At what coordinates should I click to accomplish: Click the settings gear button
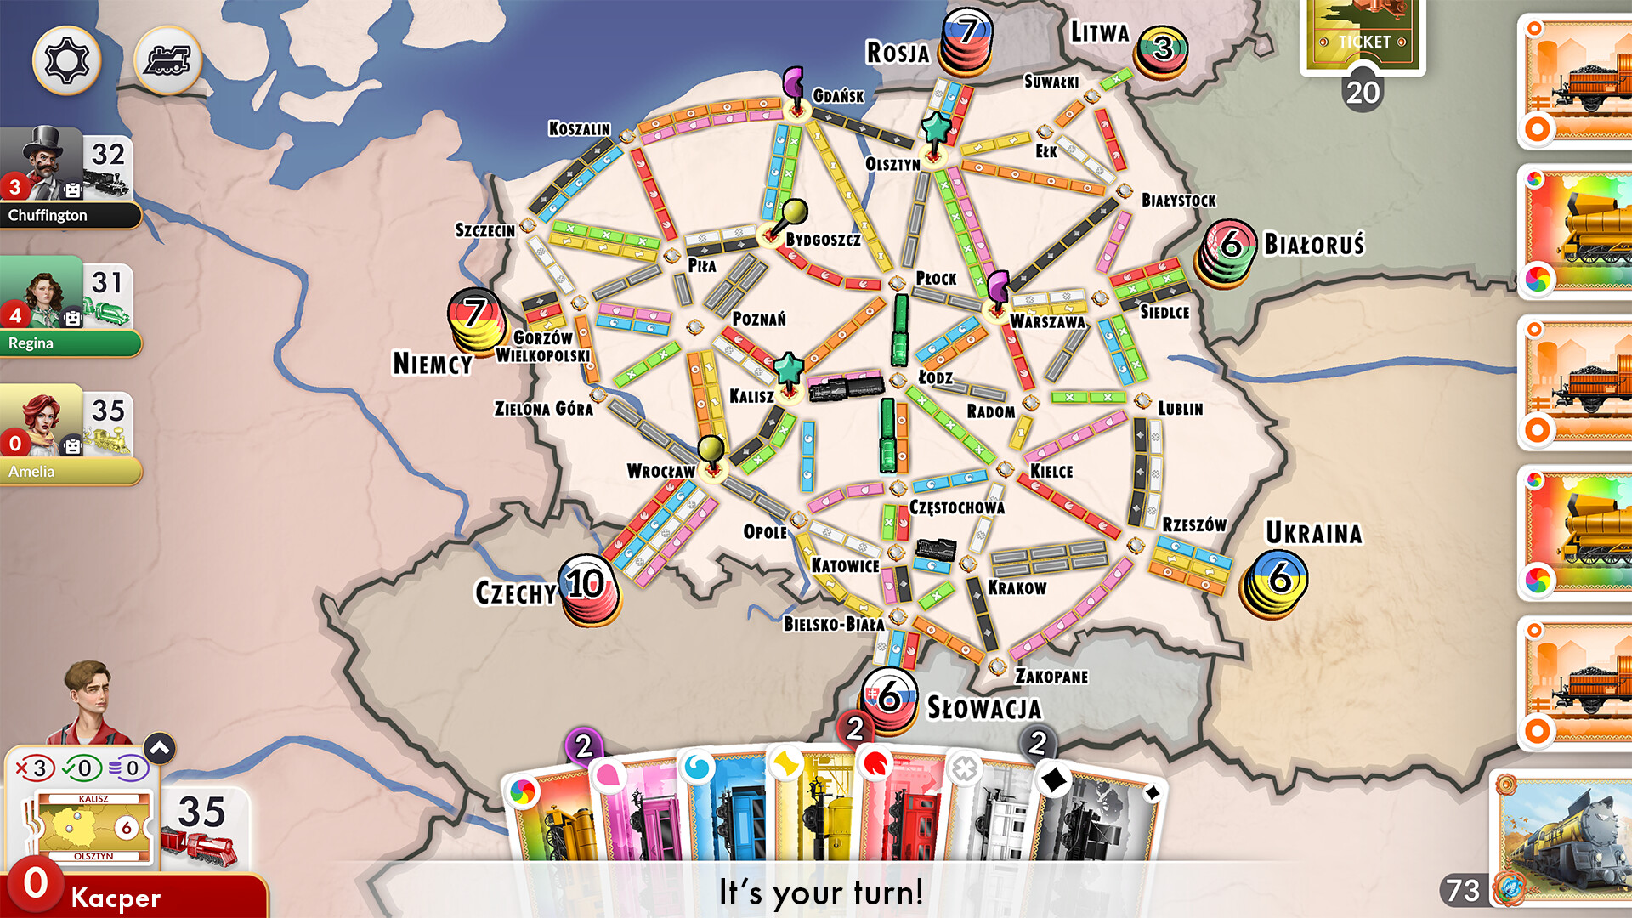tap(66, 59)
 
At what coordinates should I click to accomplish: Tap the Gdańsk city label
tap(838, 96)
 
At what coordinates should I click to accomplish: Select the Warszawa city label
tap(1047, 322)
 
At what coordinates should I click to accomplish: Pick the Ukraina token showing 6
tap(1275, 581)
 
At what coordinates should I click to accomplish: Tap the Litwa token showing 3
tap(1162, 51)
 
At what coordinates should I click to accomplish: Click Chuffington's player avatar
tap(42, 164)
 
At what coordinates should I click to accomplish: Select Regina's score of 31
tap(107, 283)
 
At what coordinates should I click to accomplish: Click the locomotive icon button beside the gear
tap(167, 59)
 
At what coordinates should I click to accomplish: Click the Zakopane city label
tap(1051, 677)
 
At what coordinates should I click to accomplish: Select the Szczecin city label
tap(484, 230)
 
